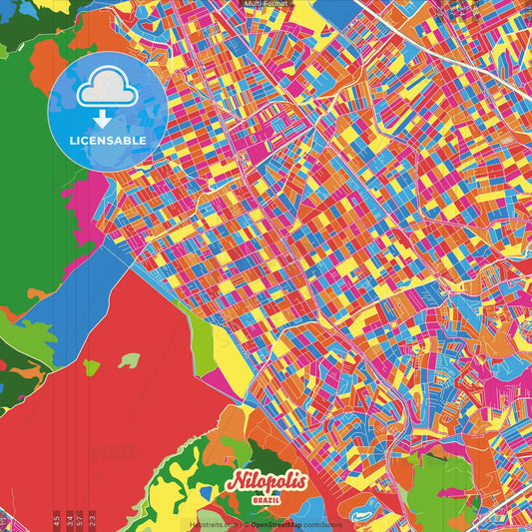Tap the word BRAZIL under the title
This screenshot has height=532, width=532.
tap(266, 496)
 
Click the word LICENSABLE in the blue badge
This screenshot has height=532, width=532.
tap(108, 141)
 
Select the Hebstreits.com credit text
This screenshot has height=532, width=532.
tap(213, 524)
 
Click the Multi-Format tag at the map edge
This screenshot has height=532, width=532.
tap(266, 4)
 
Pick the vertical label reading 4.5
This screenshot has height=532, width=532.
tap(56, 518)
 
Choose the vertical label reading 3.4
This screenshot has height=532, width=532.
tap(68, 518)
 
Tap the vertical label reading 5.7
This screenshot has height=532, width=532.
tap(79, 518)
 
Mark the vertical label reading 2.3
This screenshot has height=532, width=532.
tap(91, 518)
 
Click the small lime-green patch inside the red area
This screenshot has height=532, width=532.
tap(92, 367)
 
